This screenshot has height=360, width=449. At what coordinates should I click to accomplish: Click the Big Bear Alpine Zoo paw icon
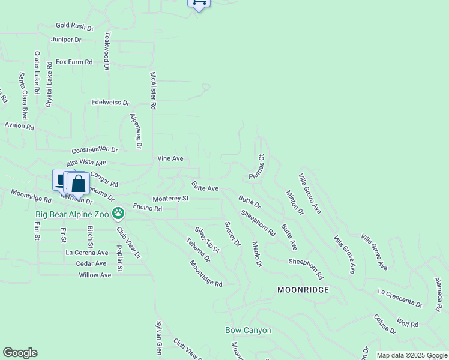pos(119,212)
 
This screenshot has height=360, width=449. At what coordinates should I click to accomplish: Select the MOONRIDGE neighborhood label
pos(303,289)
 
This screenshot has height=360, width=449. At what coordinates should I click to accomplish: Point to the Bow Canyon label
pos(249,330)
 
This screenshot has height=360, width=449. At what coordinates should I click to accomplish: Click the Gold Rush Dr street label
pos(75,27)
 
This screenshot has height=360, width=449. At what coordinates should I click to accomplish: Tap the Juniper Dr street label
pos(66,40)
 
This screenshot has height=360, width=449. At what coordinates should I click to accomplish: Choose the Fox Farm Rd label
pos(74,62)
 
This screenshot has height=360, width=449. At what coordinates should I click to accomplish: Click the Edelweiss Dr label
pos(110,103)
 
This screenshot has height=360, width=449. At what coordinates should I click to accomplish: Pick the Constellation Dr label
pos(95,149)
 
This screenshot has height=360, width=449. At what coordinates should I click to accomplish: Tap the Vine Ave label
pos(170,158)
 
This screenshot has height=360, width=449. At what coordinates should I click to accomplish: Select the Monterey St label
pos(170,199)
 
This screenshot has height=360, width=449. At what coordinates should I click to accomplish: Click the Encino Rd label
pos(148,208)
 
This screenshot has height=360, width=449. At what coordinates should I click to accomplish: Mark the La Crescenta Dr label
pos(400,299)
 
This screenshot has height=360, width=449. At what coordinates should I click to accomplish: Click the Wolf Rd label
pos(408,324)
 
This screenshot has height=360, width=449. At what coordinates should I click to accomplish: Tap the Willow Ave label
pos(95,275)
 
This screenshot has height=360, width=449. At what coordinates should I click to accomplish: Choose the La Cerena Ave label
pos(86,253)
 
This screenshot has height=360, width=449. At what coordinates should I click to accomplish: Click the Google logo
pos(20,353)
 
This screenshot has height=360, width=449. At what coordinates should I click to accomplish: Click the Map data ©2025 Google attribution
pos(411,355)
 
